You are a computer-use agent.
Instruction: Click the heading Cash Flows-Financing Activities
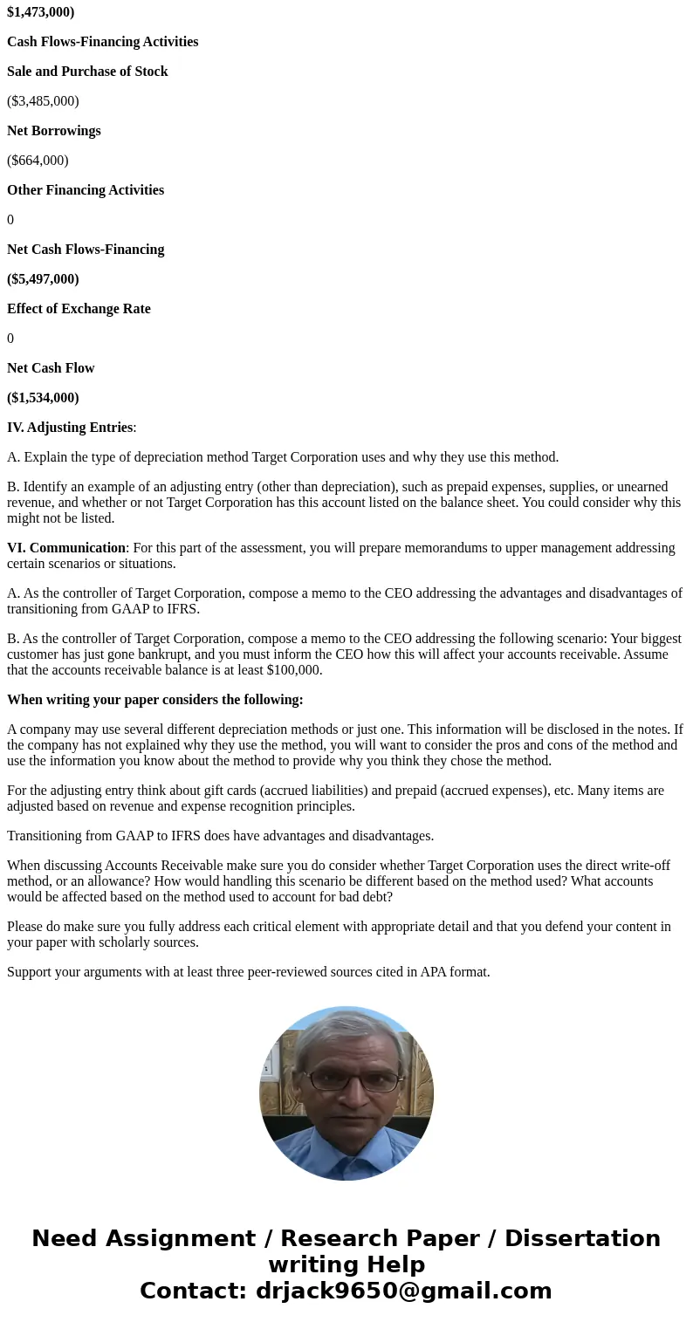click(102, 42)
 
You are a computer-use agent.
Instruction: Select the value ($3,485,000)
click(43, 101)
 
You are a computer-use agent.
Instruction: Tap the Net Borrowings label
click(54, 131)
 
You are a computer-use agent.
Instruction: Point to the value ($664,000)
click(38, 161)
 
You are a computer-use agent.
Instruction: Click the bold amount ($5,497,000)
click(43, 279)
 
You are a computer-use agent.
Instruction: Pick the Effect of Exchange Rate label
click(79, 309)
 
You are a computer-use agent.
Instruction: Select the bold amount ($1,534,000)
click(43, 398)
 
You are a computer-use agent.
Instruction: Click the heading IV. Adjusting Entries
click(70, 428)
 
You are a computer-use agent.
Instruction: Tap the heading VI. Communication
click(66, 548)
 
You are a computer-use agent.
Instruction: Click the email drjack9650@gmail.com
click(403, 1291)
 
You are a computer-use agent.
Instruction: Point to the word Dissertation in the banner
click(582, 1238)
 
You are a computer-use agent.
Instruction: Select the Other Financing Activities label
click(86, 190)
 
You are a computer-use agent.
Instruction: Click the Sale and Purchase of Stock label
click(87, 72)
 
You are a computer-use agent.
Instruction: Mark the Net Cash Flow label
click(51, 368)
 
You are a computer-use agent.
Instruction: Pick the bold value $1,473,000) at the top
click(40, 12)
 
